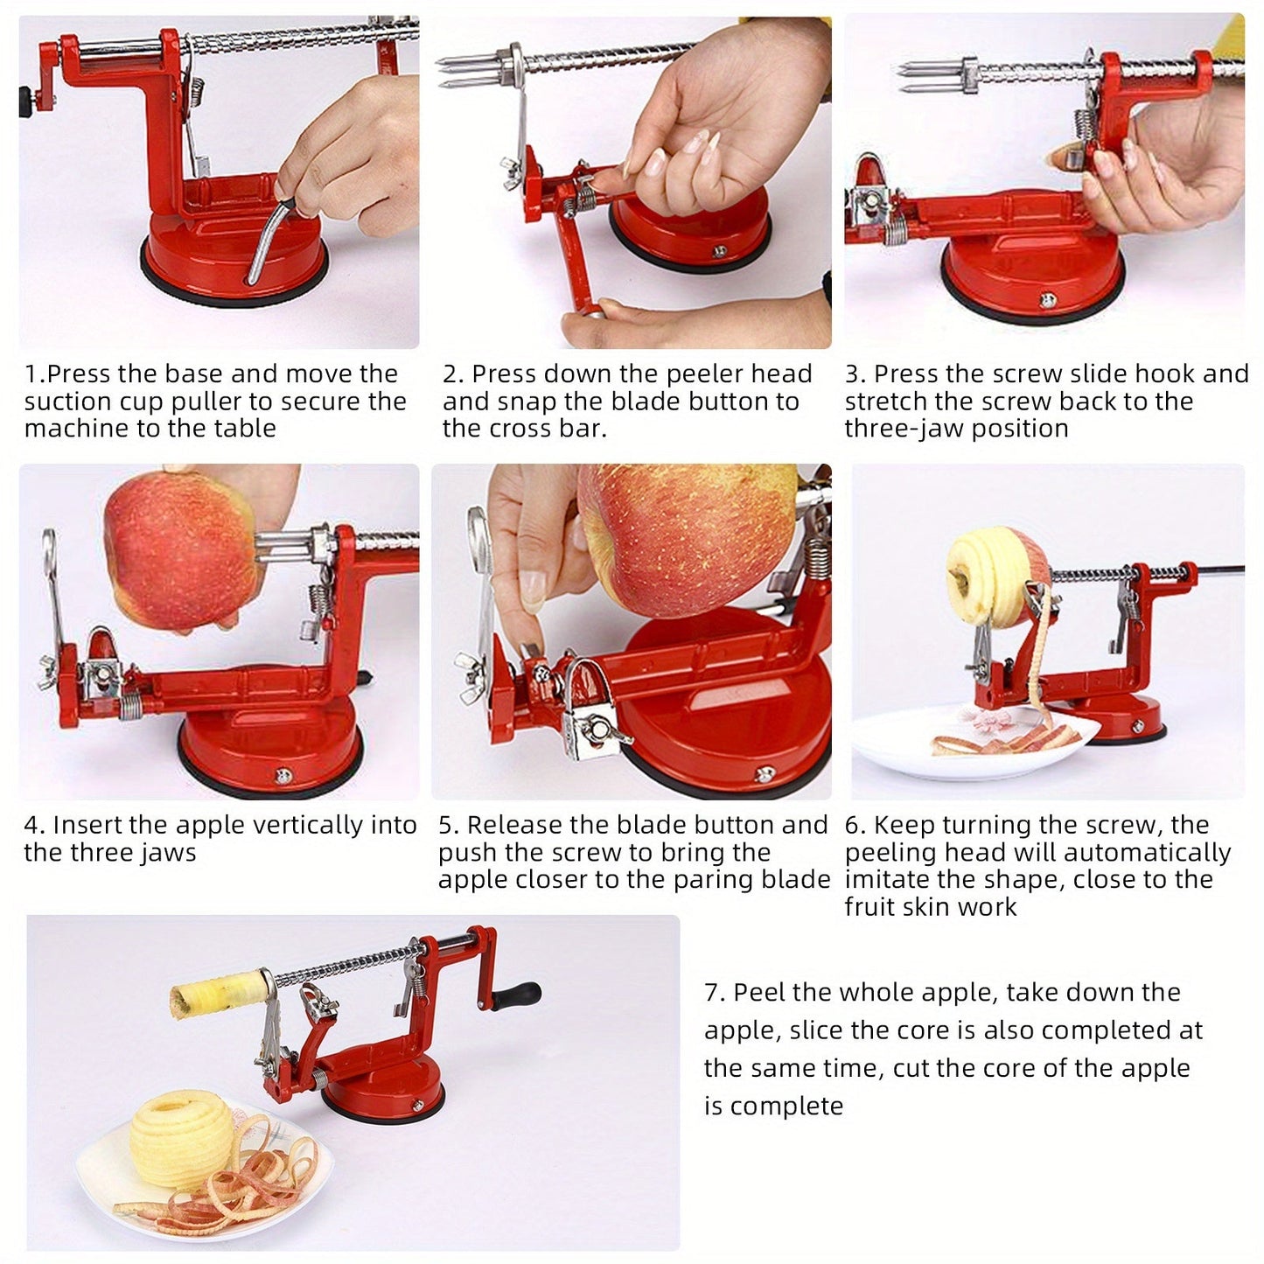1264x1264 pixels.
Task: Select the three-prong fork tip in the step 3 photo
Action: (930, 76)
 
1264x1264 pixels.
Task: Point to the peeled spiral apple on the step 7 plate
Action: (181, 1143)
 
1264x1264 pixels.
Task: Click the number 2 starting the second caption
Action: (450, 374)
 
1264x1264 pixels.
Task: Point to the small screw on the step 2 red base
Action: (720, 250)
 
